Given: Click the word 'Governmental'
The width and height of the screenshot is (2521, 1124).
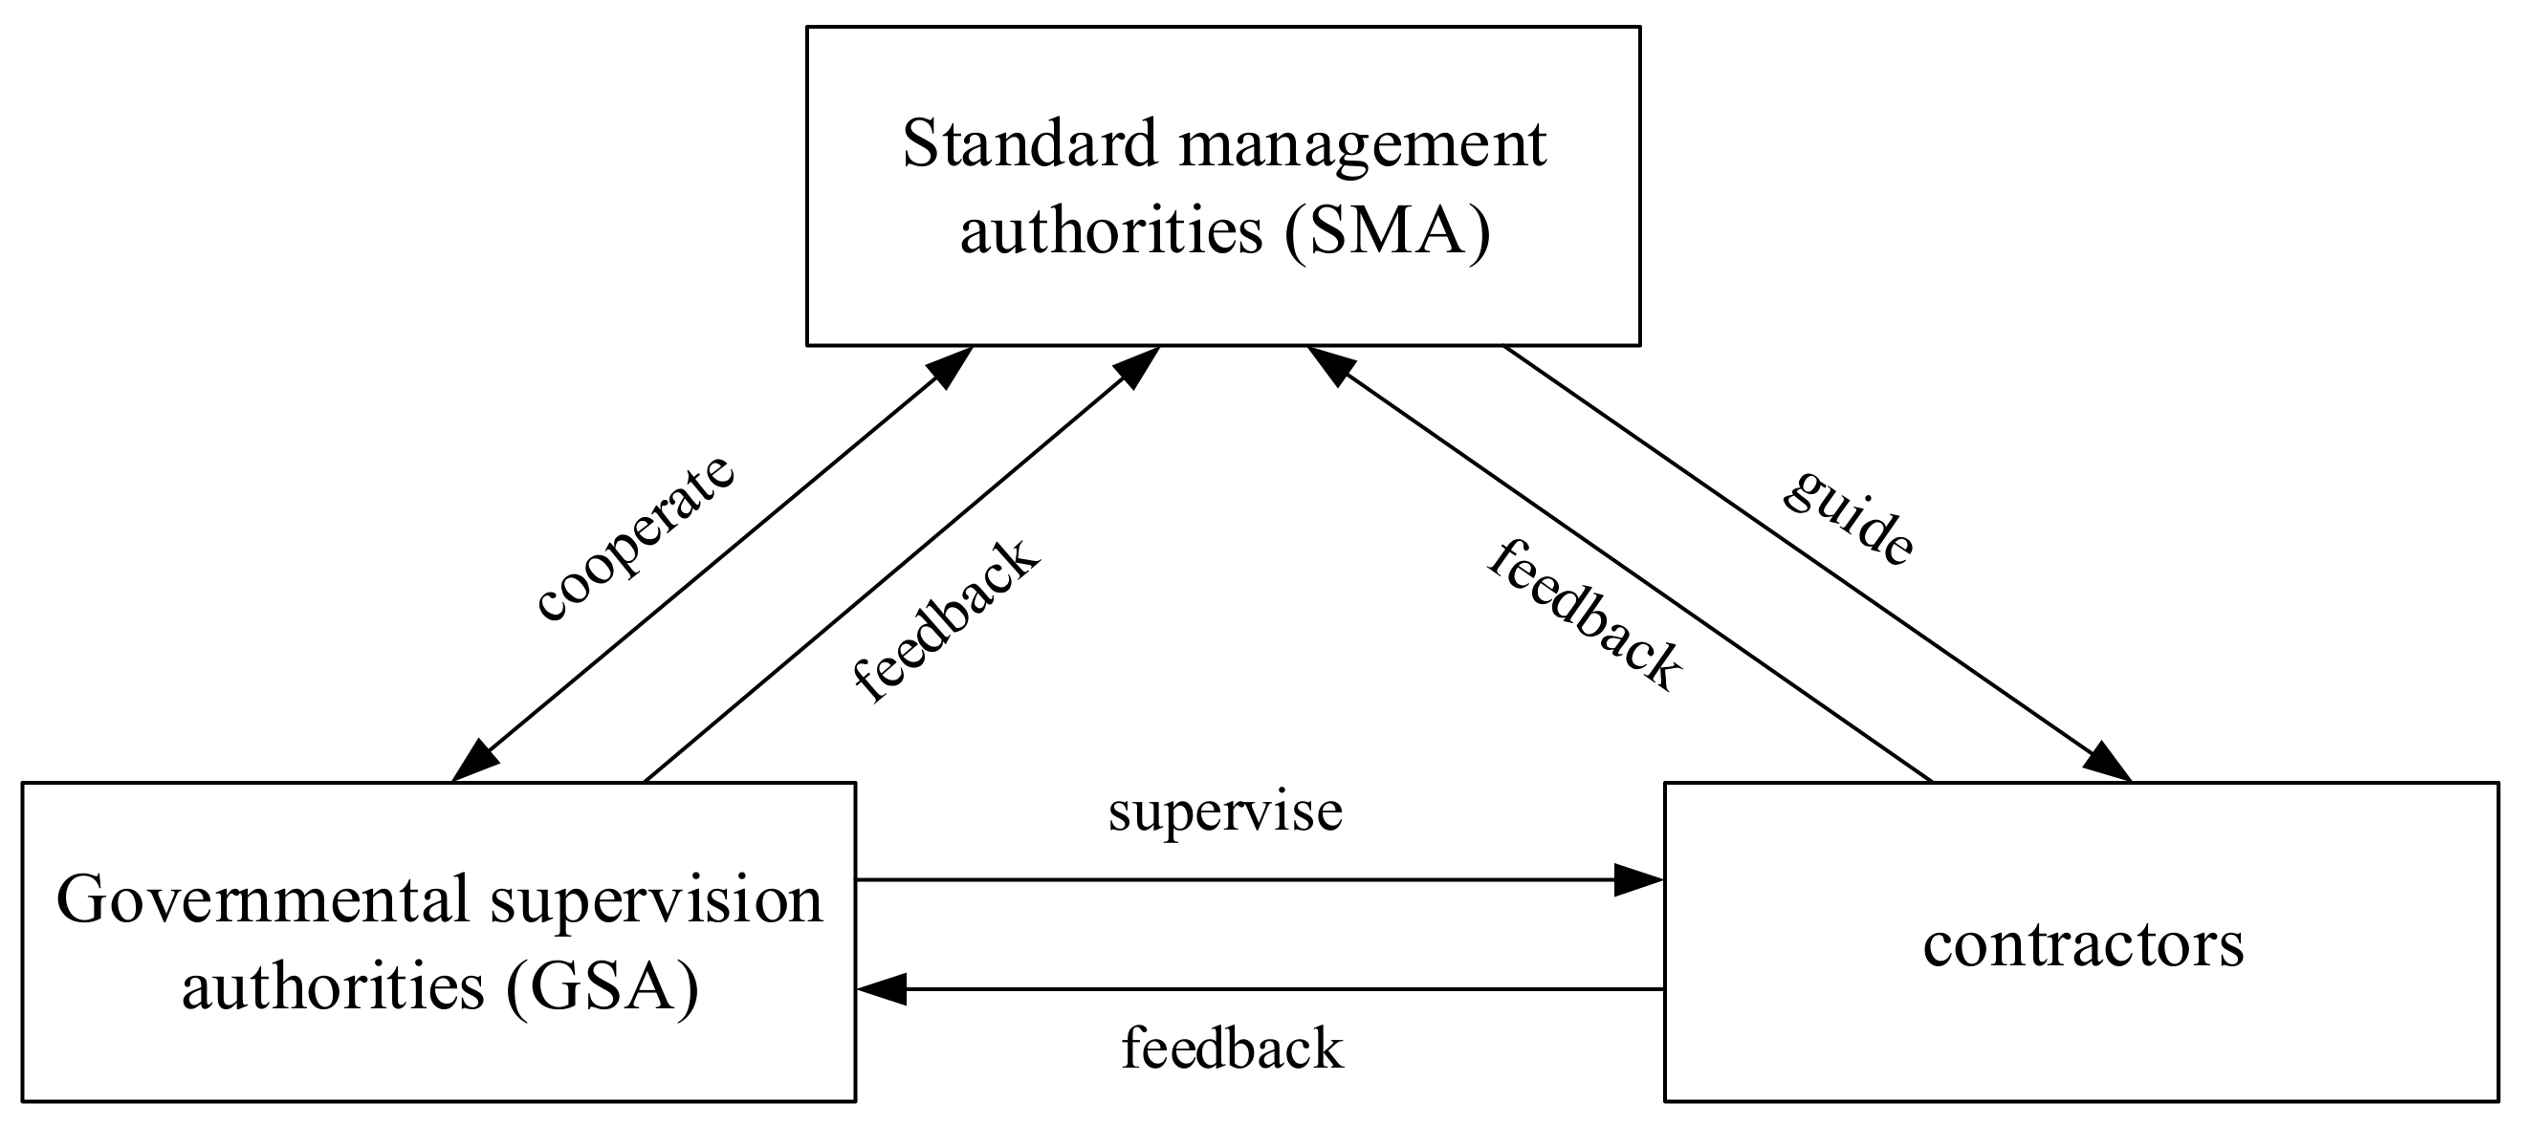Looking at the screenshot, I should coord(263,900).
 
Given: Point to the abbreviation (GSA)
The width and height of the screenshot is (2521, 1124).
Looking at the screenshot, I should coord(603,986).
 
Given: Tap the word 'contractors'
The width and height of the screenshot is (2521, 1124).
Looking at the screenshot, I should coord(2083,945).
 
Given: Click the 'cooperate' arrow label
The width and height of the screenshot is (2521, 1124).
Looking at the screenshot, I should coord(635,537).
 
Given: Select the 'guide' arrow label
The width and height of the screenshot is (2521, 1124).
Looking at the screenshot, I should coord(1847,516).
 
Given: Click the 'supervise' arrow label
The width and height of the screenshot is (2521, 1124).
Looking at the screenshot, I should coord(1225,812).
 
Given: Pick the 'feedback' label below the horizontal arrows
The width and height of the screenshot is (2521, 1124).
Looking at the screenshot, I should coord(1232,1048).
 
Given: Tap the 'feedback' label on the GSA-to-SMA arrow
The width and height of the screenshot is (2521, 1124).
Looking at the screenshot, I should coord(944,620).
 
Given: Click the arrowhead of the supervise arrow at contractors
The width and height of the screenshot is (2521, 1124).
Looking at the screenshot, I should coord(1638,879).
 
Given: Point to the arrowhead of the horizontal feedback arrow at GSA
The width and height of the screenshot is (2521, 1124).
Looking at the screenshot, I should coord(882,989).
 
